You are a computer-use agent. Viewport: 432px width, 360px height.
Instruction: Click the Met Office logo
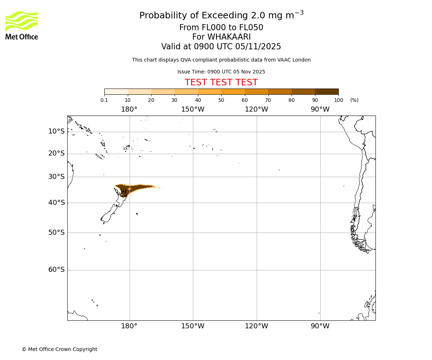[x=22, y=25]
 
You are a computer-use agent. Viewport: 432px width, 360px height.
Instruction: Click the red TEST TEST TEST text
[x=221, y=82]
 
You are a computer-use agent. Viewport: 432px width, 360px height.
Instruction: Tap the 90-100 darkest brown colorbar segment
[x=327, y=91]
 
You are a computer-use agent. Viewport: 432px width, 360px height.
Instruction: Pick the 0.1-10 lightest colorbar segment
[x=116, y=91]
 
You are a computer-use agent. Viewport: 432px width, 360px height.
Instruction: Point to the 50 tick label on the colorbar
[x=221, y=100]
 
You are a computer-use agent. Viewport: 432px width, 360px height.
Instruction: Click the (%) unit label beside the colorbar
[x=354, y=100]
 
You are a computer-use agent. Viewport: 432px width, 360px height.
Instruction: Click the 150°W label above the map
[x=193, y=109]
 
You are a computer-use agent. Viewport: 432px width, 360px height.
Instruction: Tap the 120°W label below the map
[x=256, y=326]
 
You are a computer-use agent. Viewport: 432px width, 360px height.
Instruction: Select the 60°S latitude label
[x=57, y=270]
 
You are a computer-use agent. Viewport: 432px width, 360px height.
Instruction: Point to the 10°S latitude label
[x=57, y=131]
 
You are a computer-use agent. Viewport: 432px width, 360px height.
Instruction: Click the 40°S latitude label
[x=57, y=203]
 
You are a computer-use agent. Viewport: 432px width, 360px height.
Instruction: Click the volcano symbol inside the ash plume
[x=124, y=193]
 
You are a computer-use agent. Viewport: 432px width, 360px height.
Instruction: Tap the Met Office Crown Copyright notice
[x=59, y=349]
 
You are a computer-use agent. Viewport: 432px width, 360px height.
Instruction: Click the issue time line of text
[x=221, y=72]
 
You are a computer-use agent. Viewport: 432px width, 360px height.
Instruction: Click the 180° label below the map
[x=129, y=326]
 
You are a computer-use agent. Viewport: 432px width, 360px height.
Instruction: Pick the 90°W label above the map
[x=320, y=109]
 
